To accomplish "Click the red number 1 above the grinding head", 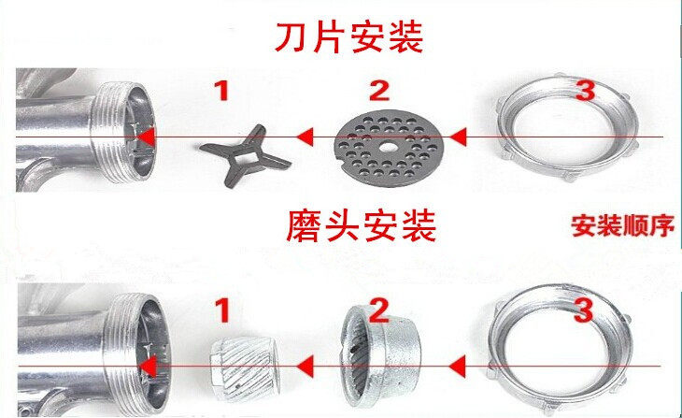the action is point(221,307).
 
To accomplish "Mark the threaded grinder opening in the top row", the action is point(121,132).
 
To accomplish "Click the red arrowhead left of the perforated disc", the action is point(305,137).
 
